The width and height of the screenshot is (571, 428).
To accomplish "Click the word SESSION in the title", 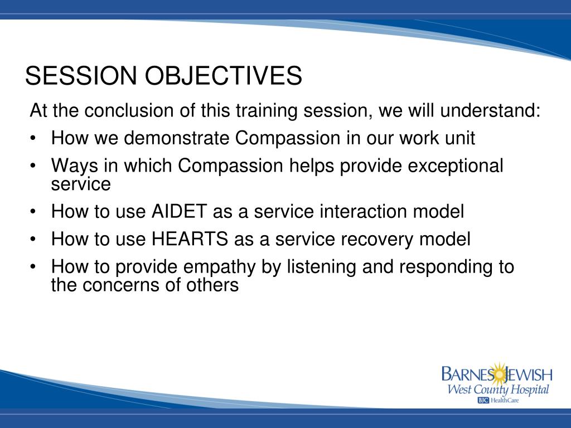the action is click(81, 75).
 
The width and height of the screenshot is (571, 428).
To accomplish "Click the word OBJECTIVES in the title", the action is click(223, 75).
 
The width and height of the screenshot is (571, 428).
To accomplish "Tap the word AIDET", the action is click(179, 211).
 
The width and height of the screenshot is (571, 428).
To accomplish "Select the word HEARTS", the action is click(190, 239).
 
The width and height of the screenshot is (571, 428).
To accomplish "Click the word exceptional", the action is click(456, 166).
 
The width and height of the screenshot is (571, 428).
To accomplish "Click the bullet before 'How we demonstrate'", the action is click(33, 139).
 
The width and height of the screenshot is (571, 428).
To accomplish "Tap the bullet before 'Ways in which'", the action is click(33, 166).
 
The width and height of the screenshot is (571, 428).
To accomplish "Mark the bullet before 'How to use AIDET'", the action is click(33, 212).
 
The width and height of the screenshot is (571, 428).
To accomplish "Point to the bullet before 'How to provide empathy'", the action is click(33, 267).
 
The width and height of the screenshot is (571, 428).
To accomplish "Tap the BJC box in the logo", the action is click(483, 400).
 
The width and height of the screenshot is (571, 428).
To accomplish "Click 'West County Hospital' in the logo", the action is click(498, 390).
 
